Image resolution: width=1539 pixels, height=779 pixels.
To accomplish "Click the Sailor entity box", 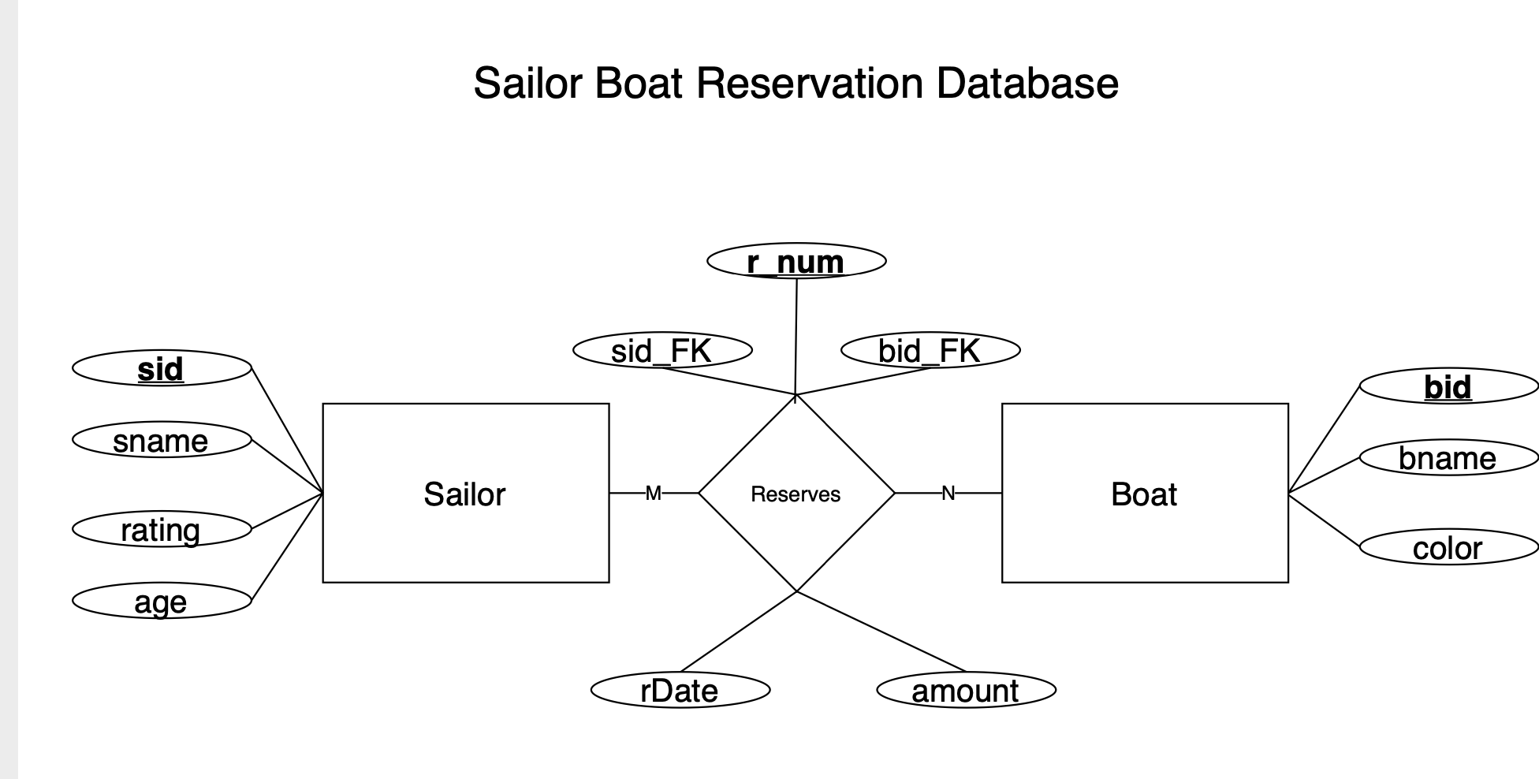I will pos(465,494).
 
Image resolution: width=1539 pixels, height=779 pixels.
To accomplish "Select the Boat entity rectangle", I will pos(1144,494).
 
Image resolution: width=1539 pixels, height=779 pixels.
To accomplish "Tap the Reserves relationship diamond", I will pos(796,494).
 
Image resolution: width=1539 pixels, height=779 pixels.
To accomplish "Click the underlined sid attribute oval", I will pos(161,368).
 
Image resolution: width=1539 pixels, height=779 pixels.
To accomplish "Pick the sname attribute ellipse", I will pos(161,440).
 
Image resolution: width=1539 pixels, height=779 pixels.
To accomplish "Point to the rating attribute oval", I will pos(161,529).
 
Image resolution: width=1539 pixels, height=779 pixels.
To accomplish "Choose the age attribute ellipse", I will pos(161,601).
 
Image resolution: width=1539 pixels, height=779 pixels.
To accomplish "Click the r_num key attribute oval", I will pos(796,261).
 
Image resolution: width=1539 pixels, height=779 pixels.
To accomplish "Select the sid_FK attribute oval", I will pos(661,350).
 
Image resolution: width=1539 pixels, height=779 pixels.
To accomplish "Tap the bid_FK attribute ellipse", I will pos(930,350).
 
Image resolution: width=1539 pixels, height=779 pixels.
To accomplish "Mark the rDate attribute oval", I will pos(680,691).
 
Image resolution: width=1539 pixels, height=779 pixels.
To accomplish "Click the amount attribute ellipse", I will pos(965,691).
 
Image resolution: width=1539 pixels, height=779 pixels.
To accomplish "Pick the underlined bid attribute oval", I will pos(1448,386).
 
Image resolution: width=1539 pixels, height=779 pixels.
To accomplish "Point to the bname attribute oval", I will pos(1448,457).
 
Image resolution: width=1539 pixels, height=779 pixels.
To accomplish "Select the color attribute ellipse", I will pos(1448,547).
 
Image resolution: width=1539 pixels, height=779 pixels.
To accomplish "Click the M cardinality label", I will pos(653,494).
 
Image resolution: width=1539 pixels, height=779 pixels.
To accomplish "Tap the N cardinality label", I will pos(948,494).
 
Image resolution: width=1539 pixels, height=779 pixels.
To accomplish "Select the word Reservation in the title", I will pos(809,83).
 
